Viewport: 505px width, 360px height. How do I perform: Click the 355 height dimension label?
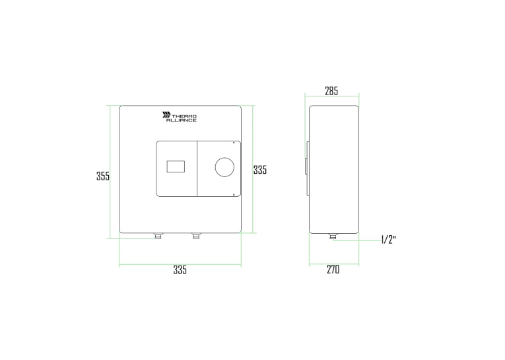103,176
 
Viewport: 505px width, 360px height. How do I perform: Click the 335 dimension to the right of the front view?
260,170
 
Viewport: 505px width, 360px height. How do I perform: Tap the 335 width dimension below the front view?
180,270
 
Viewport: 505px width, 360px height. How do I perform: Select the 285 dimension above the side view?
331,91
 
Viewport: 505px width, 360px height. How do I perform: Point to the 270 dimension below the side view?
333,269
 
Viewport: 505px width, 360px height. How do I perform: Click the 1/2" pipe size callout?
388,240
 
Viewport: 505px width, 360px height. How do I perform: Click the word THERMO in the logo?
184,116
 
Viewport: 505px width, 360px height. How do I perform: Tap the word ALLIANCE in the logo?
182,120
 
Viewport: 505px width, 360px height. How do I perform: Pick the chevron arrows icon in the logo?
166,115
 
